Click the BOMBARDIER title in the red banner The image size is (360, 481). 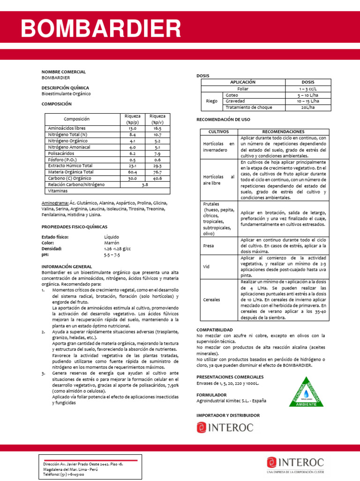click(101, 29)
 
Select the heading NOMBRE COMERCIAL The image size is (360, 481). click(64, 72)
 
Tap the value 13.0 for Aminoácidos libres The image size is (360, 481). click(132, 128)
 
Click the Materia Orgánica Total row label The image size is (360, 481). click(71, 172)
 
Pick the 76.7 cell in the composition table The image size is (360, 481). click(157, 172)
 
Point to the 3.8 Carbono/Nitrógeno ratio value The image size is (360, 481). click(144, 185)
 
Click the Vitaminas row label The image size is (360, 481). click(58, 191)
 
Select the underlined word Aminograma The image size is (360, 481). click(54, 203)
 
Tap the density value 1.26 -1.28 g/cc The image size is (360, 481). click(117, 249)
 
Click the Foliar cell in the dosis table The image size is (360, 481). click(243, 88)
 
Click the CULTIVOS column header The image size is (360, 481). click(219, 132)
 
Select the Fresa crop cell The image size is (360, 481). click(209, 246)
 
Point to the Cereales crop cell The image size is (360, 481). click(212, 299)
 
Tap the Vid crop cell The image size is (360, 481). click(206, 266)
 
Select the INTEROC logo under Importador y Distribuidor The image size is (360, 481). click(225, 427)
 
